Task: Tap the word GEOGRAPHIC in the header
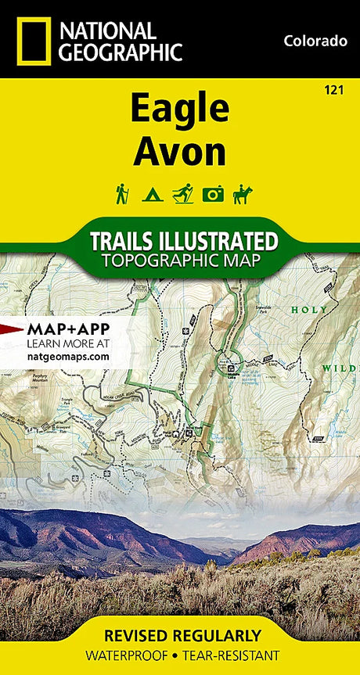click(122, 52)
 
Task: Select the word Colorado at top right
click(315, 41)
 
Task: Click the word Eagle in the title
click(180, 110)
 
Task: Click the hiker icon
click(122, 193)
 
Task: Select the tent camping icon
click(151, 194)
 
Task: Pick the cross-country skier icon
click(182, 193)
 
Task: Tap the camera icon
click(213, 194)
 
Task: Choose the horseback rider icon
click(243, 193)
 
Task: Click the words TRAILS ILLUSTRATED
click(183, 240)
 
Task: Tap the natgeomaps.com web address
click(68, 356)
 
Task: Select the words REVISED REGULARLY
click(180, 635)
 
